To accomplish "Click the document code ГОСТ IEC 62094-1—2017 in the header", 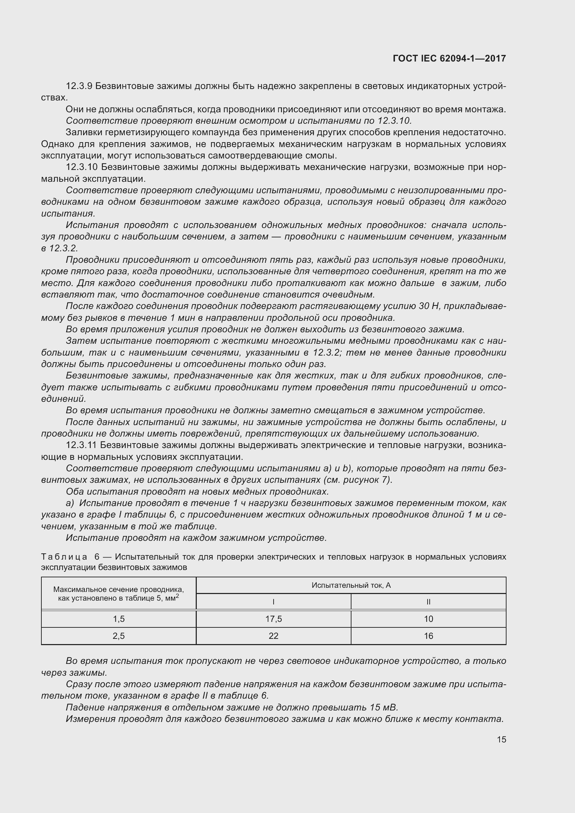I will (x=449, y=58).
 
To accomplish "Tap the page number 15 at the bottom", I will (x=501, y=739).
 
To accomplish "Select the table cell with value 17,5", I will (x=273, y=619).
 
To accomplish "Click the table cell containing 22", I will (x=273, y=636).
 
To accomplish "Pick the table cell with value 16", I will (x=428, y=636).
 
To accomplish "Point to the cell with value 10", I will (x=428, y=619).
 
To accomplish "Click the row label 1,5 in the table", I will (x=119, y=619).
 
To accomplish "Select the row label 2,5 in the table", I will (x=119, y=636).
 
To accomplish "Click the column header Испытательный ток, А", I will (x=351, y=585).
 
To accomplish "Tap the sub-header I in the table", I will (x=273, y=602).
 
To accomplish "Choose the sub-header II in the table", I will (x=428, y=602).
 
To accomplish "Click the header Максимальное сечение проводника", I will (x=119, y=590).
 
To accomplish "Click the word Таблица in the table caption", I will (x=64, y=556).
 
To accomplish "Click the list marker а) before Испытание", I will (x=70, y=503).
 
